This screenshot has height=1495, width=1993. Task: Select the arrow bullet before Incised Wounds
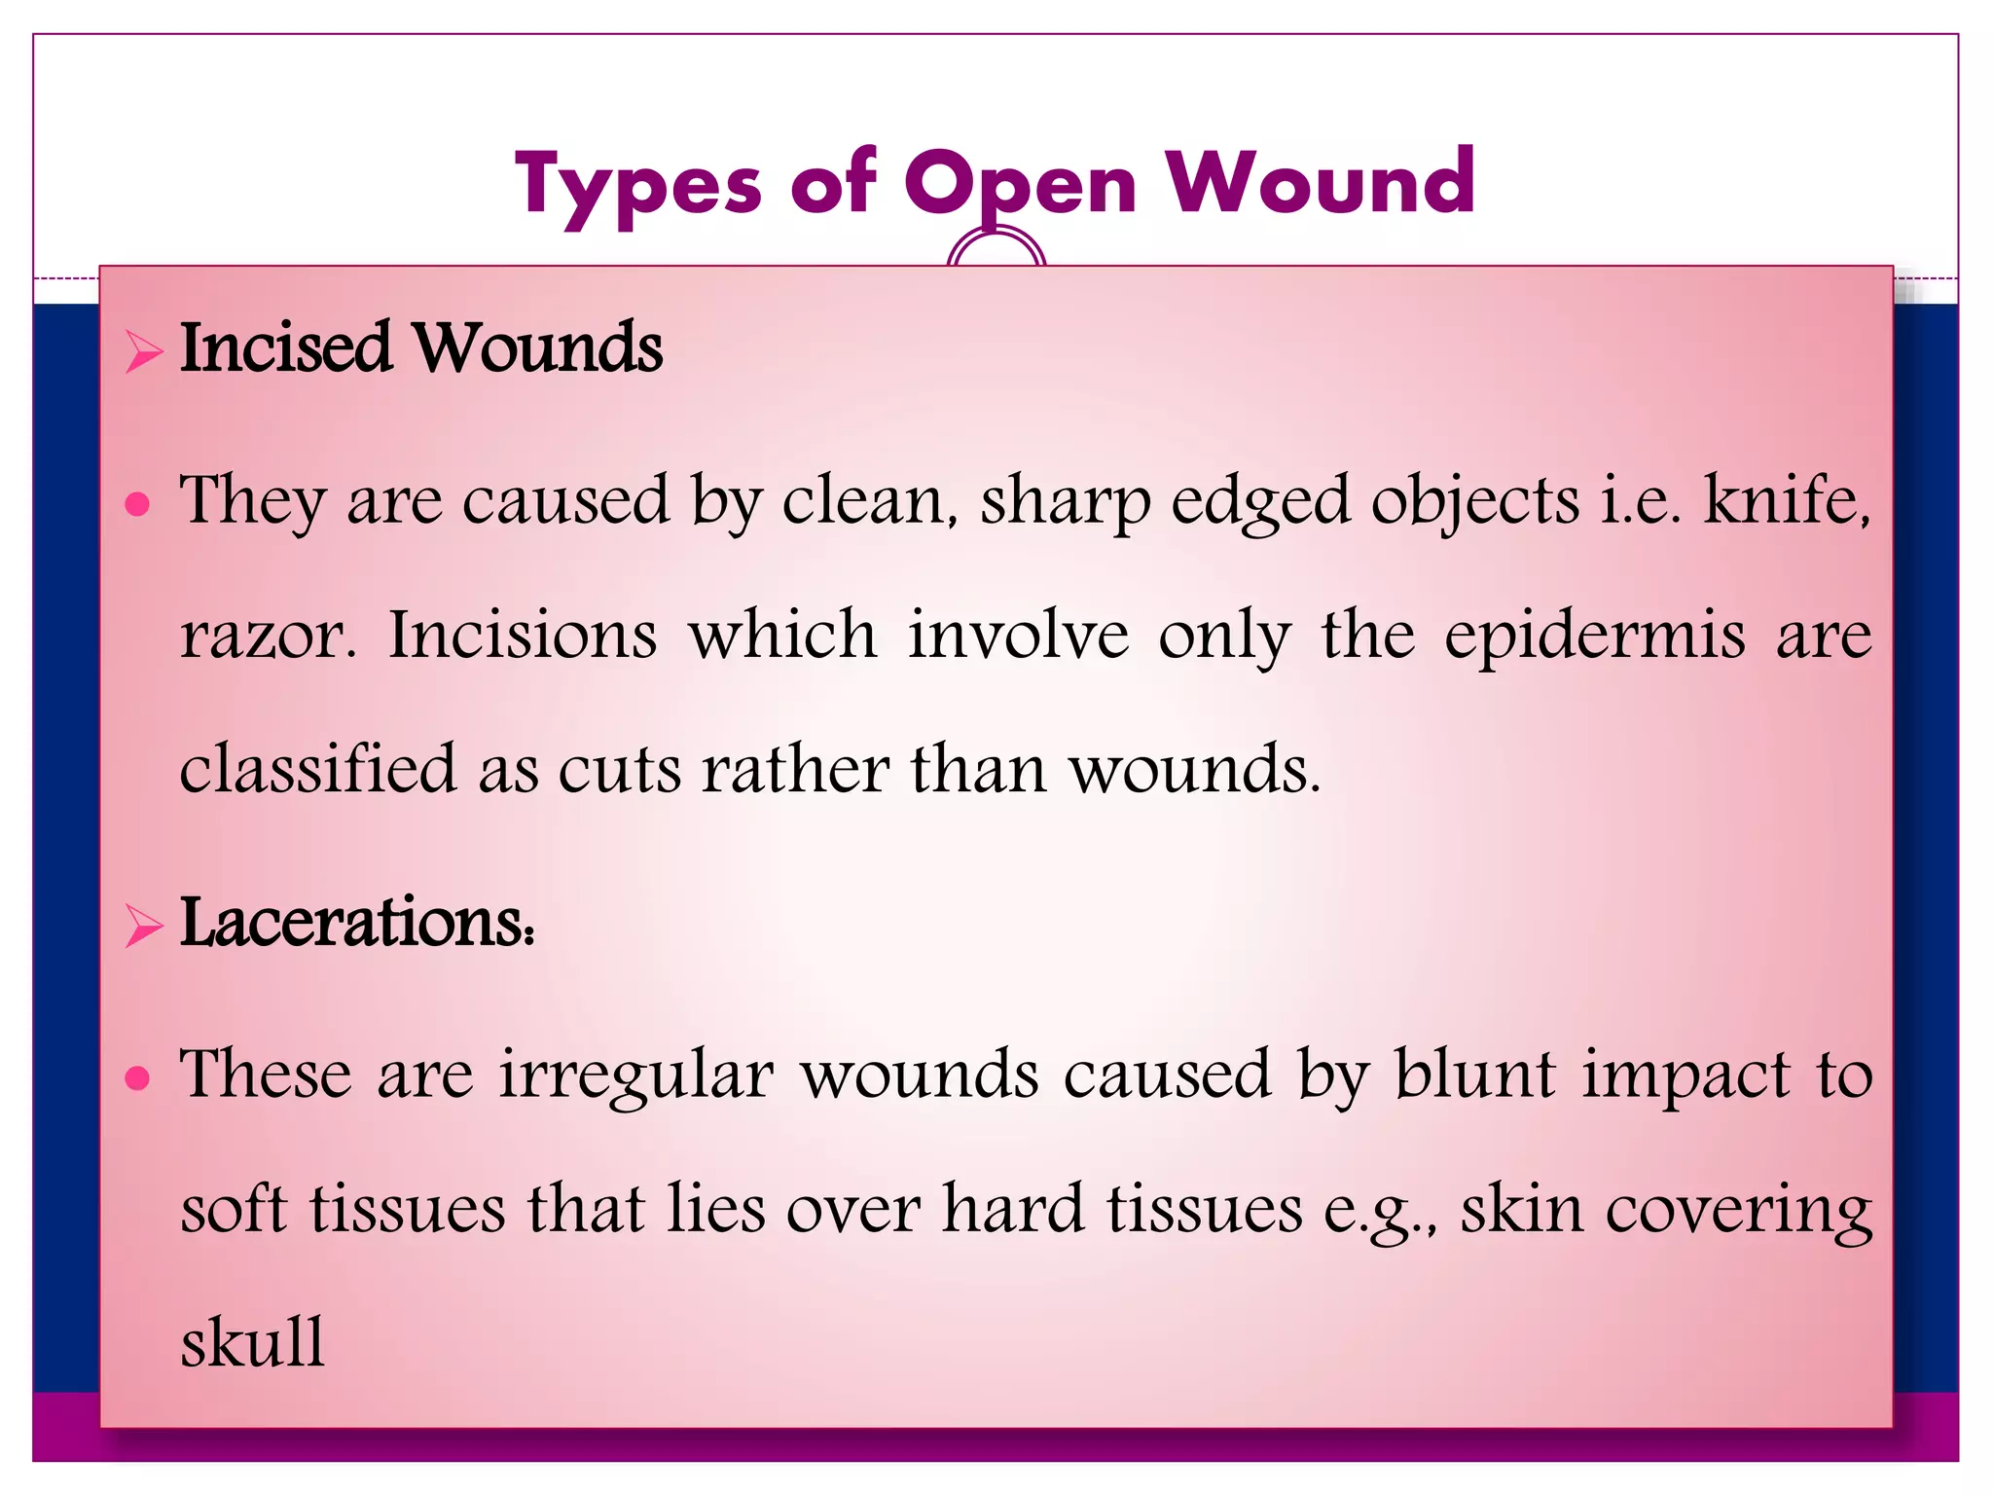(143, 351)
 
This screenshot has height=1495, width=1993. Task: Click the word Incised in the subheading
(285, 347)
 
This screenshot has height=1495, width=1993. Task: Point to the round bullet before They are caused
(138, 504)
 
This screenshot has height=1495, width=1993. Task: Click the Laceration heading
(356, 922)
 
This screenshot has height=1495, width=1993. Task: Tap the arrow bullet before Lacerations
(143, 926)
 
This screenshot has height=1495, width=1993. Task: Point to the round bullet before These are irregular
(138, 1077)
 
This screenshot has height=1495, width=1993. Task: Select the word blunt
(1474, 1075)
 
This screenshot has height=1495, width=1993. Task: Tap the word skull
(252, 1342)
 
